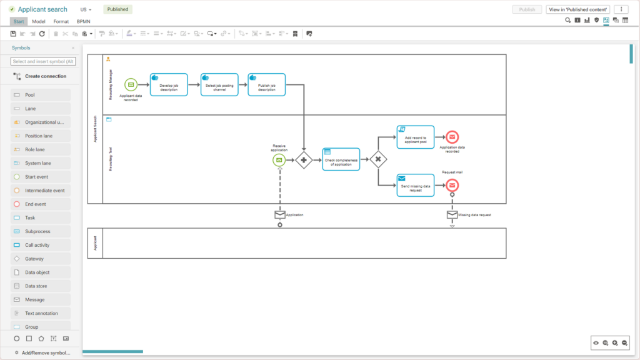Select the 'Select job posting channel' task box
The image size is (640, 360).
tap(217, 84)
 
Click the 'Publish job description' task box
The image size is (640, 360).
tap(266, 84)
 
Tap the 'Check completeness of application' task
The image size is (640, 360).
tap(341, 159)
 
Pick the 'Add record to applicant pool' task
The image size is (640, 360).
tap(415, 137)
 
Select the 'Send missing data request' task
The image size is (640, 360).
tap(415, 185)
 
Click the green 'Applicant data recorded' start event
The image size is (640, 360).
tap(131, 84)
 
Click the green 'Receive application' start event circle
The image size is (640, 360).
tap(279, 160)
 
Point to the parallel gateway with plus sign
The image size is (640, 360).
tap(304, 160)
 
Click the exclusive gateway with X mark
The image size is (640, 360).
tap(378, 159)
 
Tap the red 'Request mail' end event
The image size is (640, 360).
tap(452, 185)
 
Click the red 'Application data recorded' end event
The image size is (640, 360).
tap(452, 137)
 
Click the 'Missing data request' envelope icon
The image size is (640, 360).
tap(452, 214)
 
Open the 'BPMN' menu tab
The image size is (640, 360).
tap(83, 21)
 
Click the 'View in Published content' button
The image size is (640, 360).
tap(578, 9)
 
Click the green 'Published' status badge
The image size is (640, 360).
tap(117, 9)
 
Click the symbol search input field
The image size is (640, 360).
tap(43, 61)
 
